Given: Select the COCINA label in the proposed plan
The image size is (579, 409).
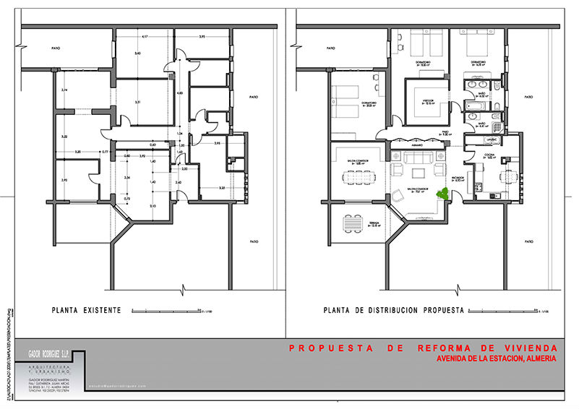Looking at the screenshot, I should (x=491, y=155).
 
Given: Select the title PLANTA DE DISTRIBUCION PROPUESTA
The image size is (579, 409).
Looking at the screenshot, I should (x=393, y=311).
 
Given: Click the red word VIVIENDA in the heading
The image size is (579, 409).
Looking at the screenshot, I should (x=528, y=348).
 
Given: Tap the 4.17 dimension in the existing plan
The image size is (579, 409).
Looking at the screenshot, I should (x=145, y=37).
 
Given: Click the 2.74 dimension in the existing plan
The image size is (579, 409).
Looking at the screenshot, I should (x=64, y=90).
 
